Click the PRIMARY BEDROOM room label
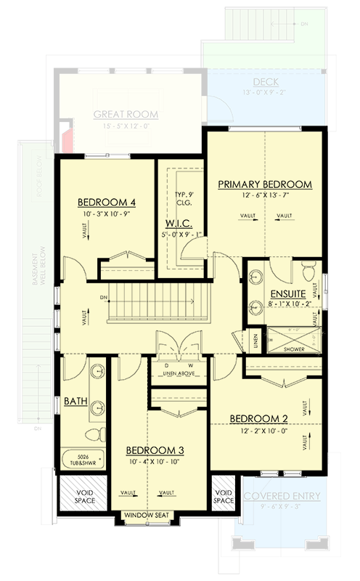[x=265, y=184]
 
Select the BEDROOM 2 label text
[x=259, y=418]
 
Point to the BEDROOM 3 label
[x=155, y=450]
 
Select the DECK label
[x=266, y=82]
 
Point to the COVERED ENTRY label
[x=282, y=495]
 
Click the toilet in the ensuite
[x=306, y=273]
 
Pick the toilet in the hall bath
[x=92, y=435]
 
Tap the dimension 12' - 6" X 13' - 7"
[x=265, y=197]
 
